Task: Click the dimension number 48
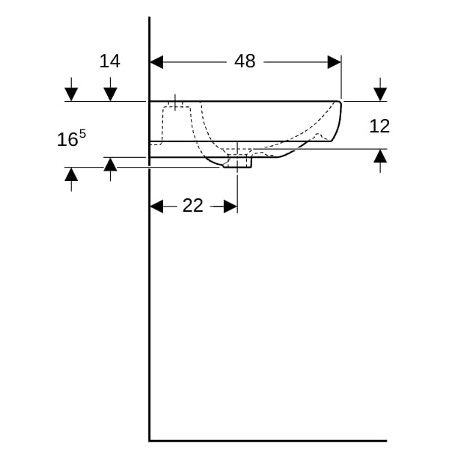(x=245, y=61)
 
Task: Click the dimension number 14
(x=110, y=61)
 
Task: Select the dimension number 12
(x=379, y=126)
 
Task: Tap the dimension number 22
(x=193, y=206)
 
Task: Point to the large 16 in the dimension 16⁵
(x=67, y=140)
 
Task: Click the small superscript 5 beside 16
(x=82, y=134)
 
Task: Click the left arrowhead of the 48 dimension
(x=156, y=62)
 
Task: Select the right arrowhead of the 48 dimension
(x=335, y=62)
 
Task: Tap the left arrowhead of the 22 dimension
(x=156, y=207)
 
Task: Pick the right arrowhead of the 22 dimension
(x=230, y=207)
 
